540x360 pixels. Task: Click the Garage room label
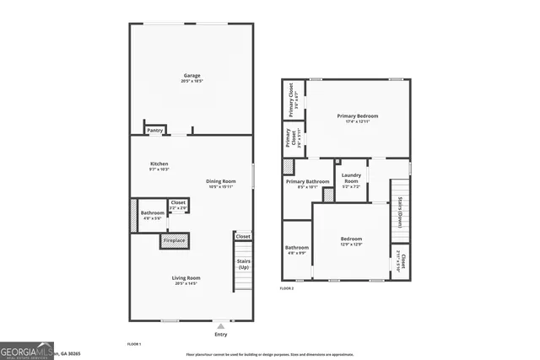pos(191,76)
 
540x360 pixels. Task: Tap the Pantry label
pos(155,131)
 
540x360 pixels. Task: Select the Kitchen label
pos(159,164)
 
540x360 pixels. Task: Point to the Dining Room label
pos(221,181)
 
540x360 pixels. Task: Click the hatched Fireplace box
pos(175,241)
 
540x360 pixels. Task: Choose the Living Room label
pos(187,277)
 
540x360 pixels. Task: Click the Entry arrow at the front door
pos(221,325)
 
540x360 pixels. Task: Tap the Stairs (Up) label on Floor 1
pos(243,264)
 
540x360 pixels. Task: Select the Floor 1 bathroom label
pos(153,213)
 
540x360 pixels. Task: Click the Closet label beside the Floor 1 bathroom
pos(178,202)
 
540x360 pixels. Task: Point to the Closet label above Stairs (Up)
pos(243,237)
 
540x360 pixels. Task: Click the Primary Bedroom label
pos(358,116)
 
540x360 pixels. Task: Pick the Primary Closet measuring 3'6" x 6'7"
pos(291,99)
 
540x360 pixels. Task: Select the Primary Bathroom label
pos(307,181)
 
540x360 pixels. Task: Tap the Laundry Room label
pos(351,178)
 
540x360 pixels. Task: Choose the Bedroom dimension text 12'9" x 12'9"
pos(351,244)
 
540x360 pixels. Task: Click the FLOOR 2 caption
pos(287,288)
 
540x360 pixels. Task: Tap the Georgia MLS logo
pos(28,348)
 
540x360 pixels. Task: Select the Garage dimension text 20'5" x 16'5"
pos(191,81)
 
